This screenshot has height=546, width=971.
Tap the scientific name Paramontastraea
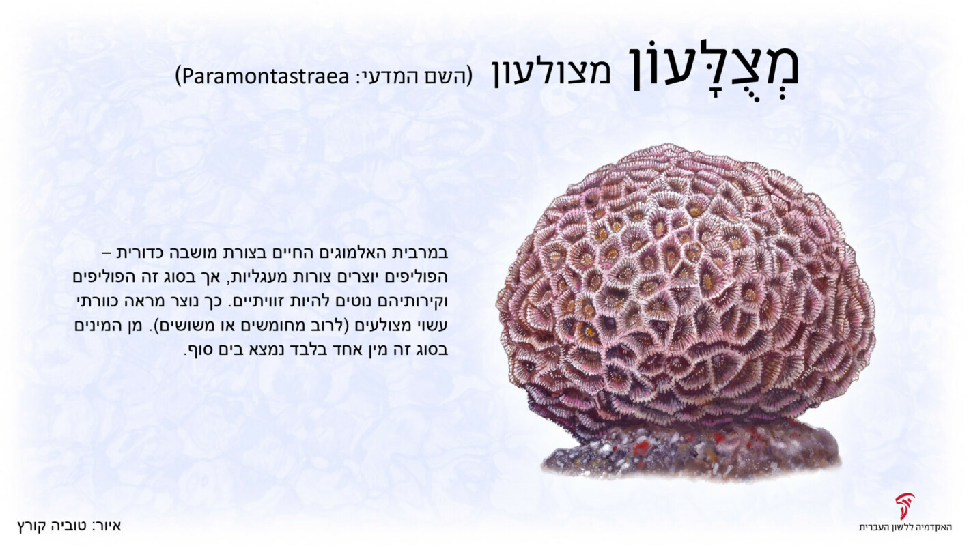266,76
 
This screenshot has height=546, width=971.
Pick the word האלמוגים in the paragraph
354,253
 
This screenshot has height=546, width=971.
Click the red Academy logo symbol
905,506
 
